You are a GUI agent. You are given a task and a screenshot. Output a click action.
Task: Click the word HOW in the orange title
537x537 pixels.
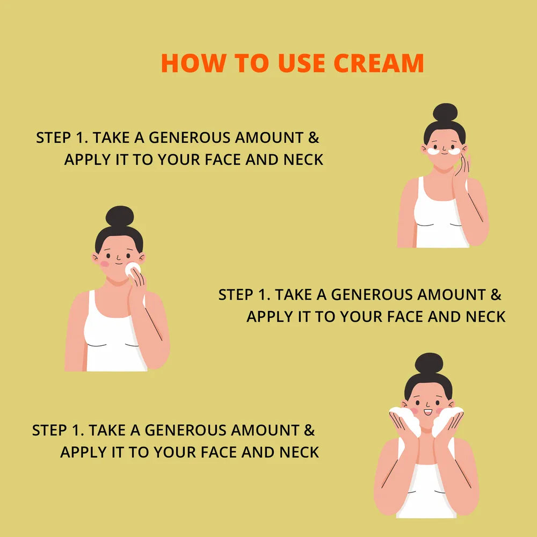(x=193, y=63)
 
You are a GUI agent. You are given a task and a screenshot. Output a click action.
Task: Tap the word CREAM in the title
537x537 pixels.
(x=379, y=63)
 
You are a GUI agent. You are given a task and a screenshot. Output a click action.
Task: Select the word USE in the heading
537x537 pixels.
(x=301, y=63)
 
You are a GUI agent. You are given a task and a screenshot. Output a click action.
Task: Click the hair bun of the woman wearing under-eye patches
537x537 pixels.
(x=445, y=112)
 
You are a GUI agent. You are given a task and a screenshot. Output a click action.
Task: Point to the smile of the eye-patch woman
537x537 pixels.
(x=444, y=154)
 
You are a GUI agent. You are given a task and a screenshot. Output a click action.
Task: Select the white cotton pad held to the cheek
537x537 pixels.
(x=132, y=269)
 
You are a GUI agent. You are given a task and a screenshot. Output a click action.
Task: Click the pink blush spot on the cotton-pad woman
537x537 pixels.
(x=105, y=264)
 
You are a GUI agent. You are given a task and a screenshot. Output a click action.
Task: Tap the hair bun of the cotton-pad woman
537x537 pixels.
(x=120, y=216)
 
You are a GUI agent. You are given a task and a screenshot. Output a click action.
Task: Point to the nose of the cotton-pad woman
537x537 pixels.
(x=118, y=258)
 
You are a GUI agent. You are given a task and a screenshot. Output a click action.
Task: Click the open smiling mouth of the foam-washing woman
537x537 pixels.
(x=428, y=412)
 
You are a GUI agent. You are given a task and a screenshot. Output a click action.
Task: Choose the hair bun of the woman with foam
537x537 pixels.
(x=429, y=363)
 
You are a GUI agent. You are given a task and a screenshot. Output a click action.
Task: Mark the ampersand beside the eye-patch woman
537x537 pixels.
(x=314, y=137)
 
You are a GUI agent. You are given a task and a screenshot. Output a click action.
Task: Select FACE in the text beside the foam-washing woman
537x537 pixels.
(x=219, y=452)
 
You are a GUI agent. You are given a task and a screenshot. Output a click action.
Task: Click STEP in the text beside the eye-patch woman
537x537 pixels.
(x=53, y=137)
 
